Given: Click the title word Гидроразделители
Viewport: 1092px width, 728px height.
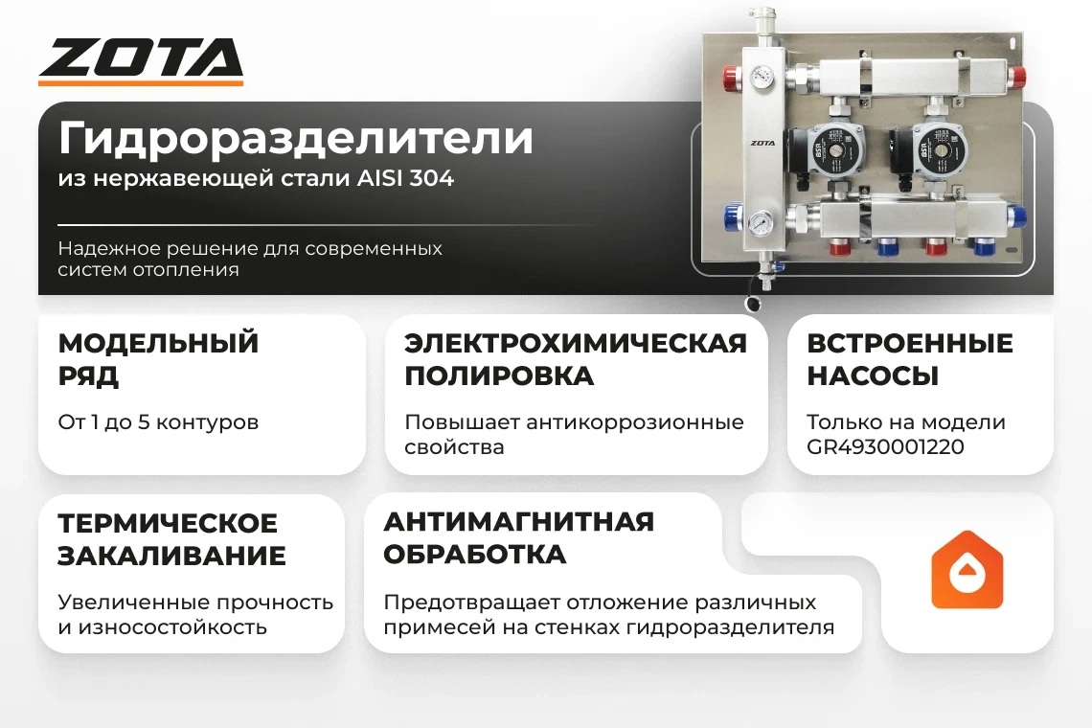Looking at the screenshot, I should point(295,138).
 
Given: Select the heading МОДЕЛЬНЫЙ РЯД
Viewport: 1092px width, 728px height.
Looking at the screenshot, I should point(158,358).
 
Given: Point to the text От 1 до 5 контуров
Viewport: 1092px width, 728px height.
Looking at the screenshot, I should point(158,421).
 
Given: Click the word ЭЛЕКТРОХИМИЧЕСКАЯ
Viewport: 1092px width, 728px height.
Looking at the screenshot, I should point(575,343).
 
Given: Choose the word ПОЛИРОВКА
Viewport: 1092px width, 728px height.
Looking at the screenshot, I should point(499,375).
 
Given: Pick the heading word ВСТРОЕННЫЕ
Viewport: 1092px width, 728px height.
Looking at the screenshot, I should point(909,343).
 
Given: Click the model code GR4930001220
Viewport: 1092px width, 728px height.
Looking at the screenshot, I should point(885,447).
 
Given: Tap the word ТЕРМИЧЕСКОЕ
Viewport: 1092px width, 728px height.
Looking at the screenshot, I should point(168,523).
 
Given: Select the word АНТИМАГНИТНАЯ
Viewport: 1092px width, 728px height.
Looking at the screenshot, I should point(518,521).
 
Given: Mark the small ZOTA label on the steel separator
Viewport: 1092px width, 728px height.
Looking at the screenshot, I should point(762,144).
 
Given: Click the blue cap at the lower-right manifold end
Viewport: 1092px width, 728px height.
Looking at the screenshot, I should point(1018,216).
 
